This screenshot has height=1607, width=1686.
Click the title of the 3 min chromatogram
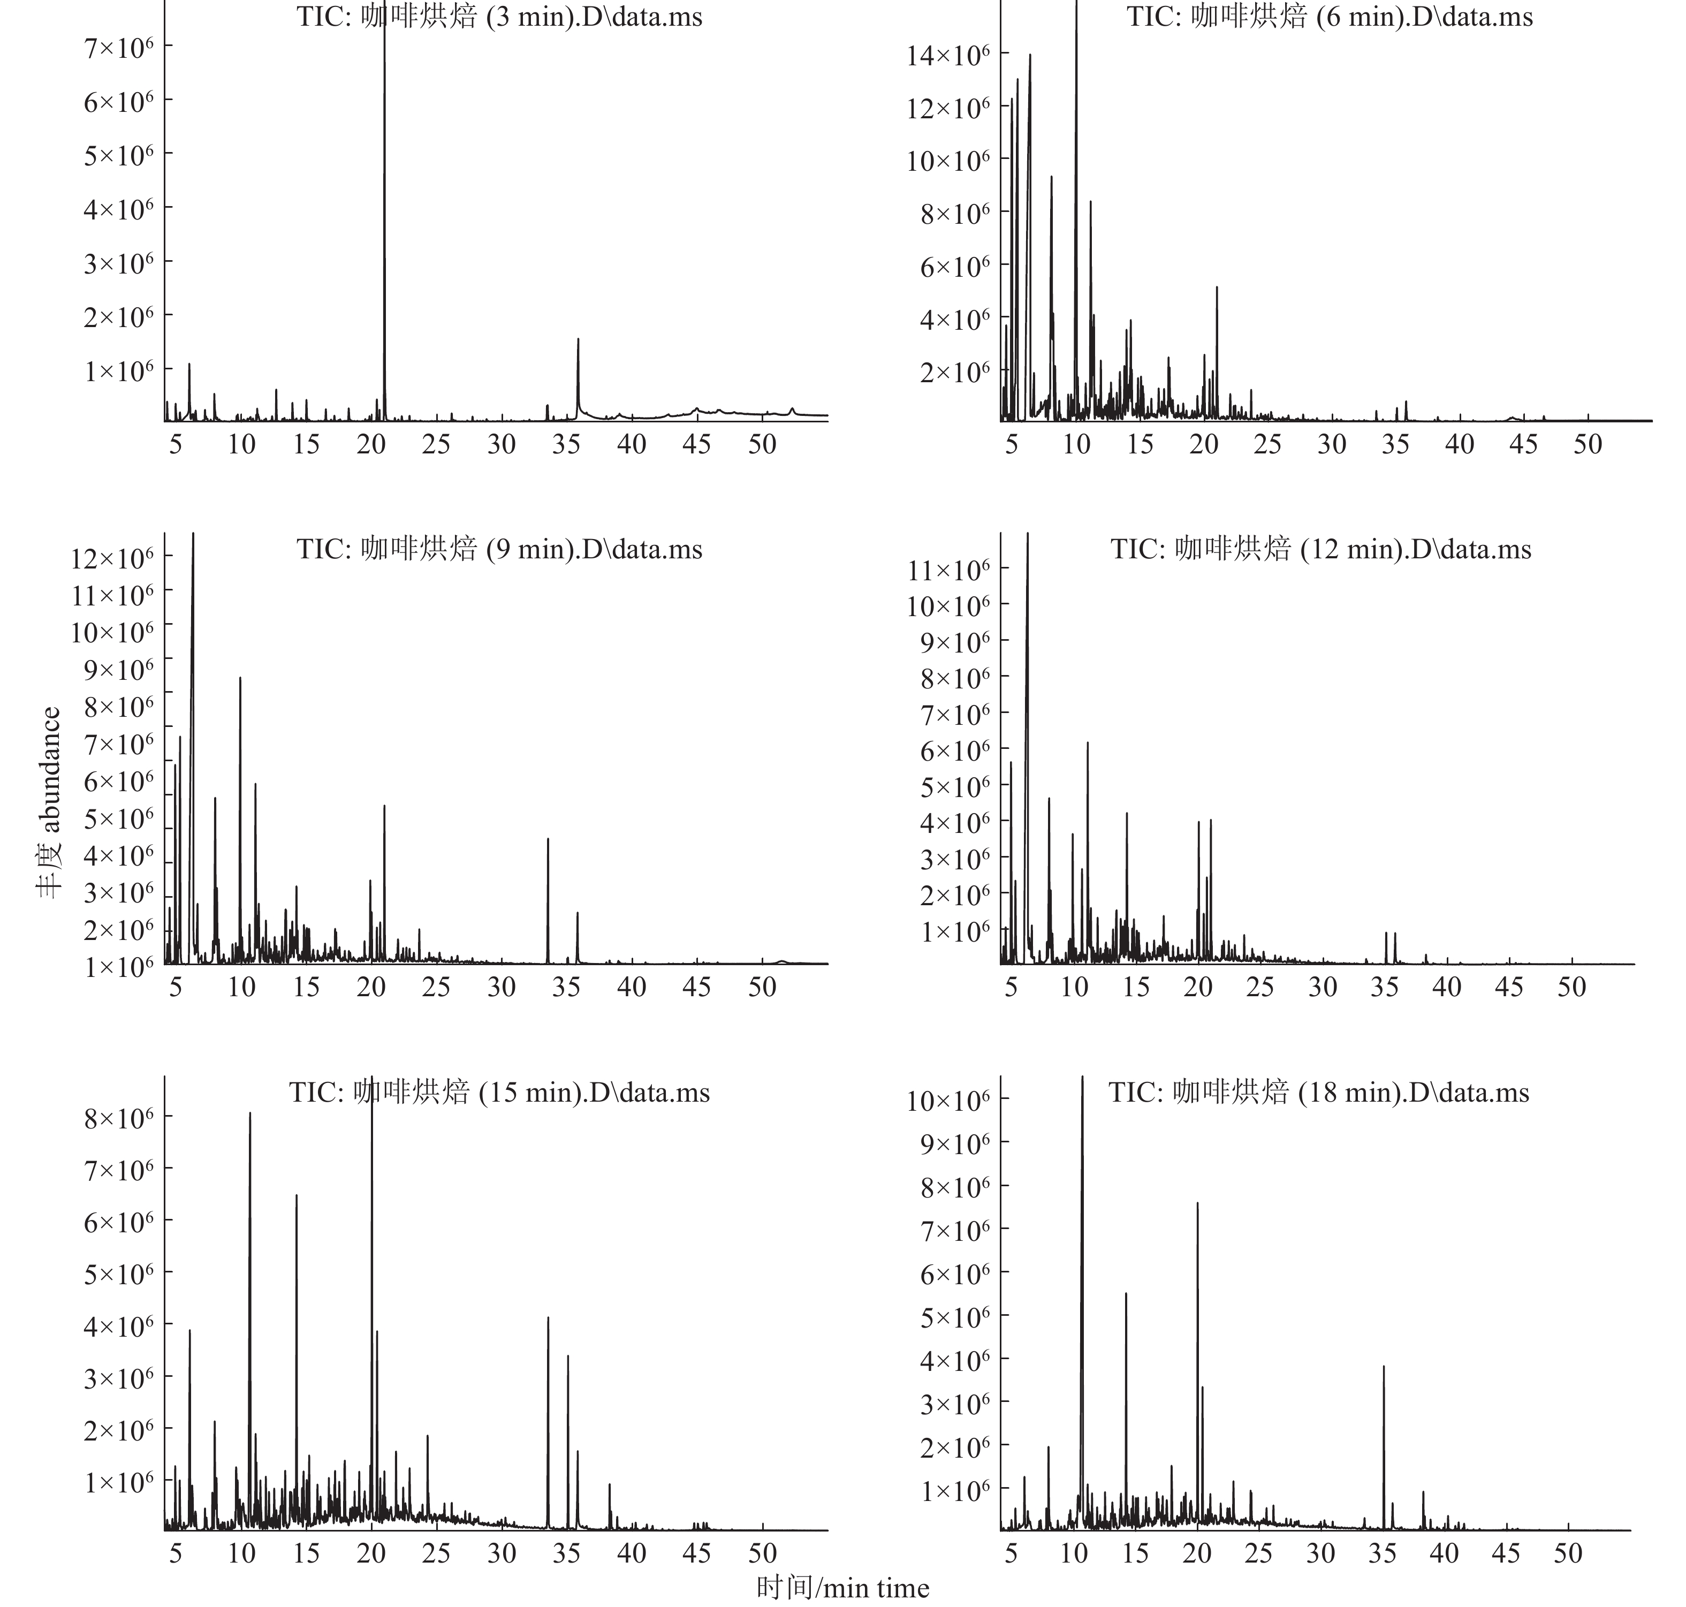click(499, 17)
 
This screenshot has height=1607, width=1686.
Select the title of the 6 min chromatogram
click(1329, 17)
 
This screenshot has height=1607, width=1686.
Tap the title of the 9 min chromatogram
click(499, 549)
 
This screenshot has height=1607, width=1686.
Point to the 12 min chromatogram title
click(1320, 549)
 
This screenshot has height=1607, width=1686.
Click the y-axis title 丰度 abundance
click(50, 802)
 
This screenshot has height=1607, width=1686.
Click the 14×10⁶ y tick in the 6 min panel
click(948, 56)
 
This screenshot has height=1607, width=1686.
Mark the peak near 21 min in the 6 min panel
click(1217, 289)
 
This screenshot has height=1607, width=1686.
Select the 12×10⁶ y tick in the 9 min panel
click(113, 558)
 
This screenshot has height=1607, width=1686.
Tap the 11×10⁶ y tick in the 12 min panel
click(948, 570)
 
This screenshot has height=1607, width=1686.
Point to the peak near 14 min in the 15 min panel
click(297, 1196)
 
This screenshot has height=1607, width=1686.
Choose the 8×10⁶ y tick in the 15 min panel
click(119, 1117)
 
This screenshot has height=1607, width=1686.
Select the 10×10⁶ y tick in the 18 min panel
click(948, 1100)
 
